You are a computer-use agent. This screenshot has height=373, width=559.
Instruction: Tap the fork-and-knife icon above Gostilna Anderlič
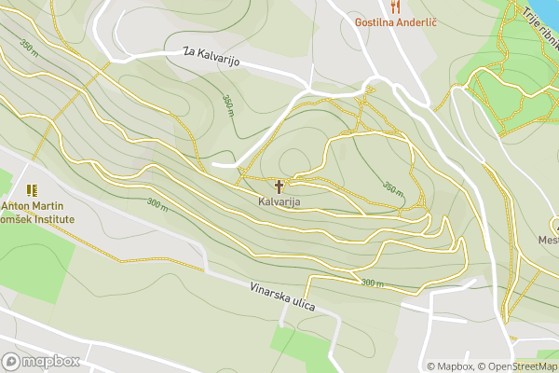396,6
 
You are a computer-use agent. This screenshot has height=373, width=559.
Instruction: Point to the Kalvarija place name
279,201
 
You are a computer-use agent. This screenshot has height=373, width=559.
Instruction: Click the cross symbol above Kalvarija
279,186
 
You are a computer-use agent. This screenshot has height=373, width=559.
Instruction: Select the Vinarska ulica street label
282,298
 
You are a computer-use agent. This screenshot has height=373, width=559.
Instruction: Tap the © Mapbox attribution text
451,366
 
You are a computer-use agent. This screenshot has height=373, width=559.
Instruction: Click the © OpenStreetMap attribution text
520,366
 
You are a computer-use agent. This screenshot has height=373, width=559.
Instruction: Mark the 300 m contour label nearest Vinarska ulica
372,283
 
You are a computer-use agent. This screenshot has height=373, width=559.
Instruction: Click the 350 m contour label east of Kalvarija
393,189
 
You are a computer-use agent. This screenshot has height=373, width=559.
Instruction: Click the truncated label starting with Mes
548,240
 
